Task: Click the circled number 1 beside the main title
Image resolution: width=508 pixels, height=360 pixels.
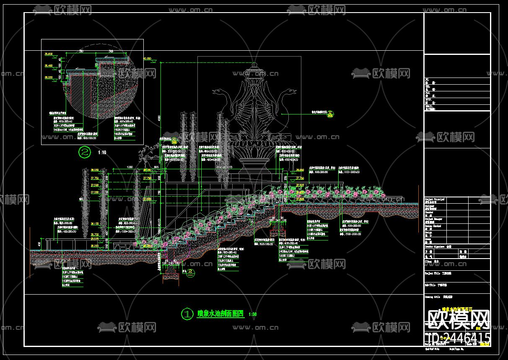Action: coord(186,313)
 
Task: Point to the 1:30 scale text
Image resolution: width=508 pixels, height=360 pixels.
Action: coord(252,314)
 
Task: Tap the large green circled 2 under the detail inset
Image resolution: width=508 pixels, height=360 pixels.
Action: coord(85,153)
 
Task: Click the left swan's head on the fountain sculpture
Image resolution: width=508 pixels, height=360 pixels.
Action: coord(218,91)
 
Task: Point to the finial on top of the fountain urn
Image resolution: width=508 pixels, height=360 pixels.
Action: coord(255,66)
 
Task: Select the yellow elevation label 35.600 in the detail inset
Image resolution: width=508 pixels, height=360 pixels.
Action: coord(49,54)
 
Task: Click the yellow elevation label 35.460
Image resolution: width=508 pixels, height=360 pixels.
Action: coord(49,66)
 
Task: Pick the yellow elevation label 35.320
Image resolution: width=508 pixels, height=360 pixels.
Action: coord(49,78)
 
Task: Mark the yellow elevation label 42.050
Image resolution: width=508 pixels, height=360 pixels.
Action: coord(147,59)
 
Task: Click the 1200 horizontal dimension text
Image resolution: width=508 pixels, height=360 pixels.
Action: coord(118,167)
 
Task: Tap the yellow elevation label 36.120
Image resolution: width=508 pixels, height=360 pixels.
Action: coord(95,223)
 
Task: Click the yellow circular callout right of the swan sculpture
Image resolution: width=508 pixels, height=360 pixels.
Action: coord(330,112)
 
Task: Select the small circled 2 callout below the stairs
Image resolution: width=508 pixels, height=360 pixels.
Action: coord(190,272)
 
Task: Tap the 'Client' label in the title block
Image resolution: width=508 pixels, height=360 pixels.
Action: coord(429,261)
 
